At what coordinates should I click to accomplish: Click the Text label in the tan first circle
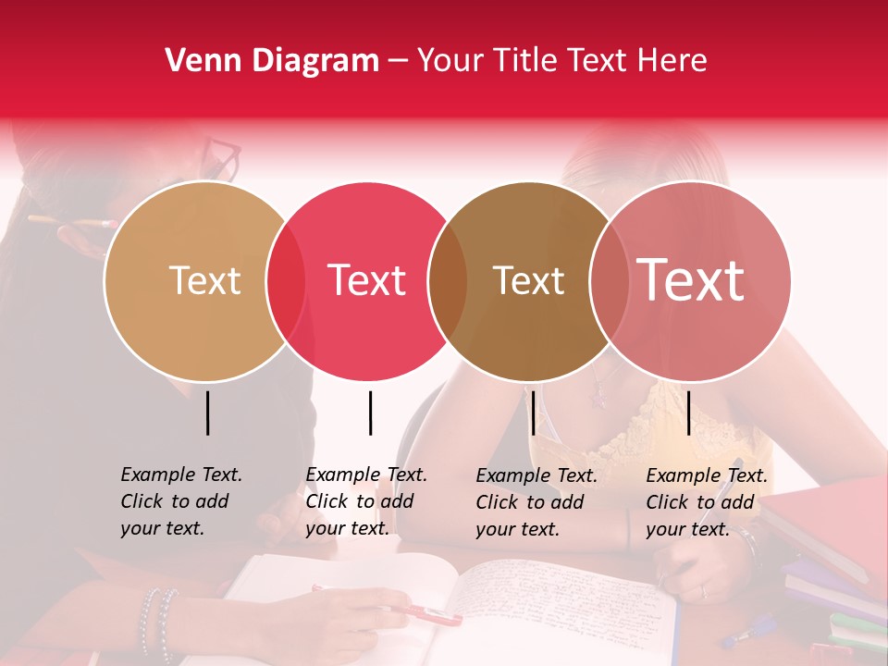point(204,280)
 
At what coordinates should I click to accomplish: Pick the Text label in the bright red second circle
point(367,280)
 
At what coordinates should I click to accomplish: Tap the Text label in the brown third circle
point(528,280)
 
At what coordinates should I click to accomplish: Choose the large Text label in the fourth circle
point(691,280)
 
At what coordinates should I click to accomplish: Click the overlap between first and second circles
point(286,281)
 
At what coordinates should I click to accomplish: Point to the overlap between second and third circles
point(448,281)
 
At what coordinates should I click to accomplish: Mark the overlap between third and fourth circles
point(609,281)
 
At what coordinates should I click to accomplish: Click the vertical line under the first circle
point(208,413)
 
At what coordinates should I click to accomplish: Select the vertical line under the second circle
point(370,413)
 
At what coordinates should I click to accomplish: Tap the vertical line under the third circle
point(533,413)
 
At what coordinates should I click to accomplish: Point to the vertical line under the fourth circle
point(688,413)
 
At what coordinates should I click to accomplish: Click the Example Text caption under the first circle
point(180,501)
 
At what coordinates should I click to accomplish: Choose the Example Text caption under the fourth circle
point(706,502)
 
